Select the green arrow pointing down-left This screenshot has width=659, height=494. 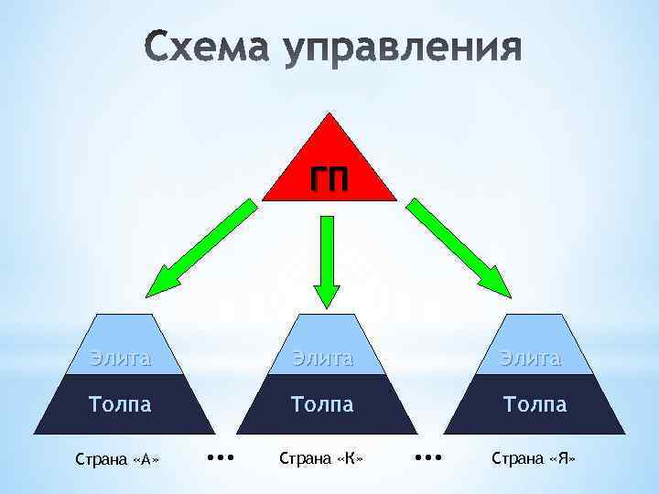(x=203, y=246)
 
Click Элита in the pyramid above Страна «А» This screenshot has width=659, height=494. (x=120, y=358)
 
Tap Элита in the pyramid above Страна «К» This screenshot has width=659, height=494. (x=322, y=358)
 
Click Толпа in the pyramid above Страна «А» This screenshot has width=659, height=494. (x=120, y=403)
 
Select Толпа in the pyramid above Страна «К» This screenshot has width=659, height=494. (x=322, y=403)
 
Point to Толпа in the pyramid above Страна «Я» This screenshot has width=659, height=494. (x=535, y=403)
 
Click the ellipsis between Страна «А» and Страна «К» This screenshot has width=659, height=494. (x=221, y=455)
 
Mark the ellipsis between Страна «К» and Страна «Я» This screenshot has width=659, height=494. (x=427, y=455)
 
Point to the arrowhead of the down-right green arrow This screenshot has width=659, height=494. (x=498, y=282)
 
